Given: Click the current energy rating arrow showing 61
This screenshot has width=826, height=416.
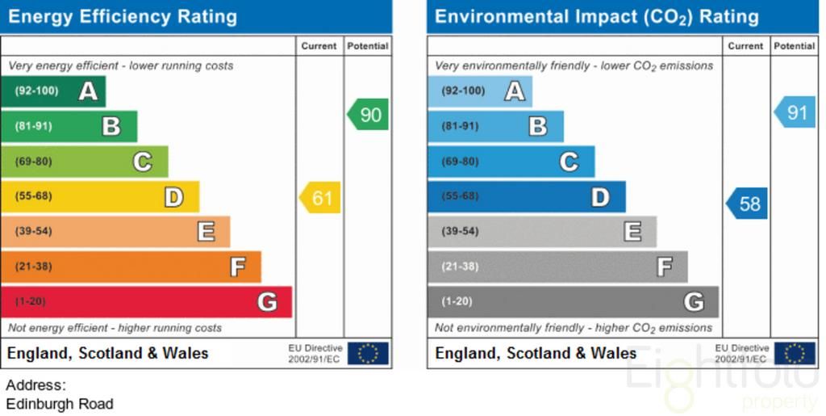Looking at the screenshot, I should [x=320, y=198].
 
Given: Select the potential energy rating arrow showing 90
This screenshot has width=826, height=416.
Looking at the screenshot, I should [x=369, y=115].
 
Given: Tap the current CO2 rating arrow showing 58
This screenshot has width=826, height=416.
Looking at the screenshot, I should [x=747, y=204].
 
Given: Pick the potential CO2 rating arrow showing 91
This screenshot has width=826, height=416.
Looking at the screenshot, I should [x=795, y=112].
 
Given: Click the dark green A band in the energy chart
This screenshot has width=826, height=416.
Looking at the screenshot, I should [x=53, y=91].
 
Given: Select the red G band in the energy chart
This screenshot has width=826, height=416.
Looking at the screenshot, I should [x=145, y=302].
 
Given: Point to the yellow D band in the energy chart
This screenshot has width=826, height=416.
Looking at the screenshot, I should [x=99, y=196].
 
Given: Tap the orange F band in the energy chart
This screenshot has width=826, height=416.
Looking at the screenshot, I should [x=131, y=267].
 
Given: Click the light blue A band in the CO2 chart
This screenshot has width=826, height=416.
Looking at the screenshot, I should [x=479, y=91].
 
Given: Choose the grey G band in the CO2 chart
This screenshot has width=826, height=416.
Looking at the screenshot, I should [x=572, y=302].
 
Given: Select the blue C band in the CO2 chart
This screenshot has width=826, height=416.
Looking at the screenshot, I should [x=511, y=162].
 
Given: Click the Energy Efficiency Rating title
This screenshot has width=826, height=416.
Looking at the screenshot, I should [x=123, y=16].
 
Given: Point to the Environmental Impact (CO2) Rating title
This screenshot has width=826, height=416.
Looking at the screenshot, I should [x=597, y=16].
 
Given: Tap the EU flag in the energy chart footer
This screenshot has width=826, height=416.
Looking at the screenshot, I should [x=368, y=353].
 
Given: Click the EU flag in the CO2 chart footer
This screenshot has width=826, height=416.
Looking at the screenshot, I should [x=795, y=353].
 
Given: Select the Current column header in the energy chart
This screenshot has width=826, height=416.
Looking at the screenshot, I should [x=319, y=46].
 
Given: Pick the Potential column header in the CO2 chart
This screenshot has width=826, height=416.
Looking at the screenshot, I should [x=795, y=46].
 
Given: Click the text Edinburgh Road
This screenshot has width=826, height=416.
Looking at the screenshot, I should [x=60, y=404].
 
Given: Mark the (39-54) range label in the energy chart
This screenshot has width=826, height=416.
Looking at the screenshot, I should [x=33, y=232].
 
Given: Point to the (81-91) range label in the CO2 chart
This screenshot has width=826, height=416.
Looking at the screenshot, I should [x=460, y=126].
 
